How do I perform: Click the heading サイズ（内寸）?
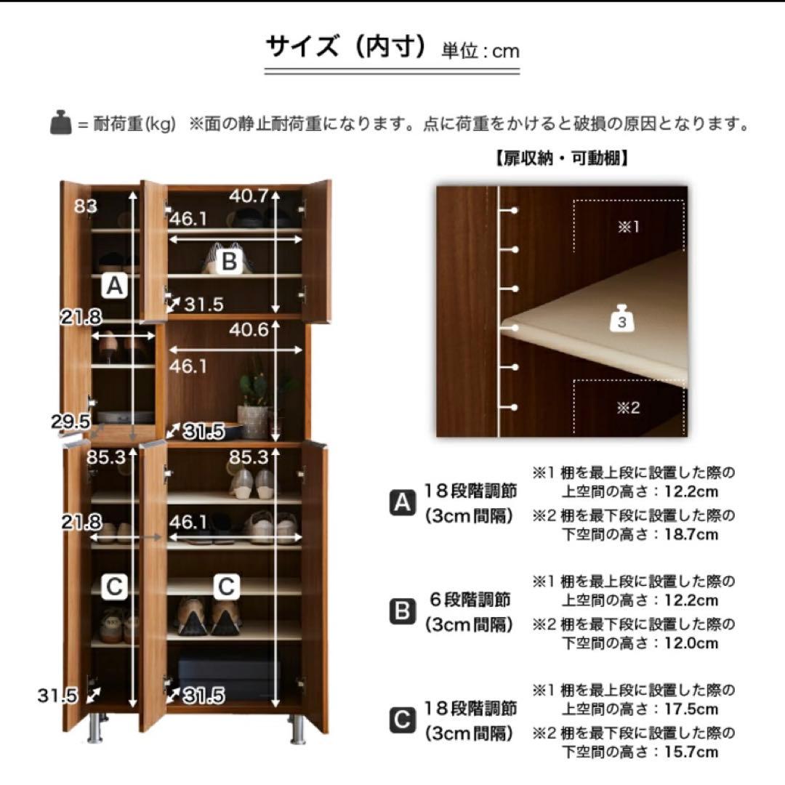pos(346,48)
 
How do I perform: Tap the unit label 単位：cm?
pos(480,51)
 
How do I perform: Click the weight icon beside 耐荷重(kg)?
pos(60,124)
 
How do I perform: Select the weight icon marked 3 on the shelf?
pos(621,320)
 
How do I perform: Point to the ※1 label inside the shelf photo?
pos(628,227)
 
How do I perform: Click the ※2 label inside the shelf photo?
pos(628,408)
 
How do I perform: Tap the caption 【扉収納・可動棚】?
pos(561,158)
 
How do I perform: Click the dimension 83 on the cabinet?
pos(85,206)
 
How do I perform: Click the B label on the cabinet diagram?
pos(229,261)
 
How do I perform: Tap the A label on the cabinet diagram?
pos(113,287)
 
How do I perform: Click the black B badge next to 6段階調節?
pos(402,612)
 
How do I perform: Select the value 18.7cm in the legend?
pos(690,535)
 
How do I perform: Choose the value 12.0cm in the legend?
pos(690,643)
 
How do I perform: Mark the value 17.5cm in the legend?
pos(690,709)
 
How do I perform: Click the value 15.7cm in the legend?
pos(690,752)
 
